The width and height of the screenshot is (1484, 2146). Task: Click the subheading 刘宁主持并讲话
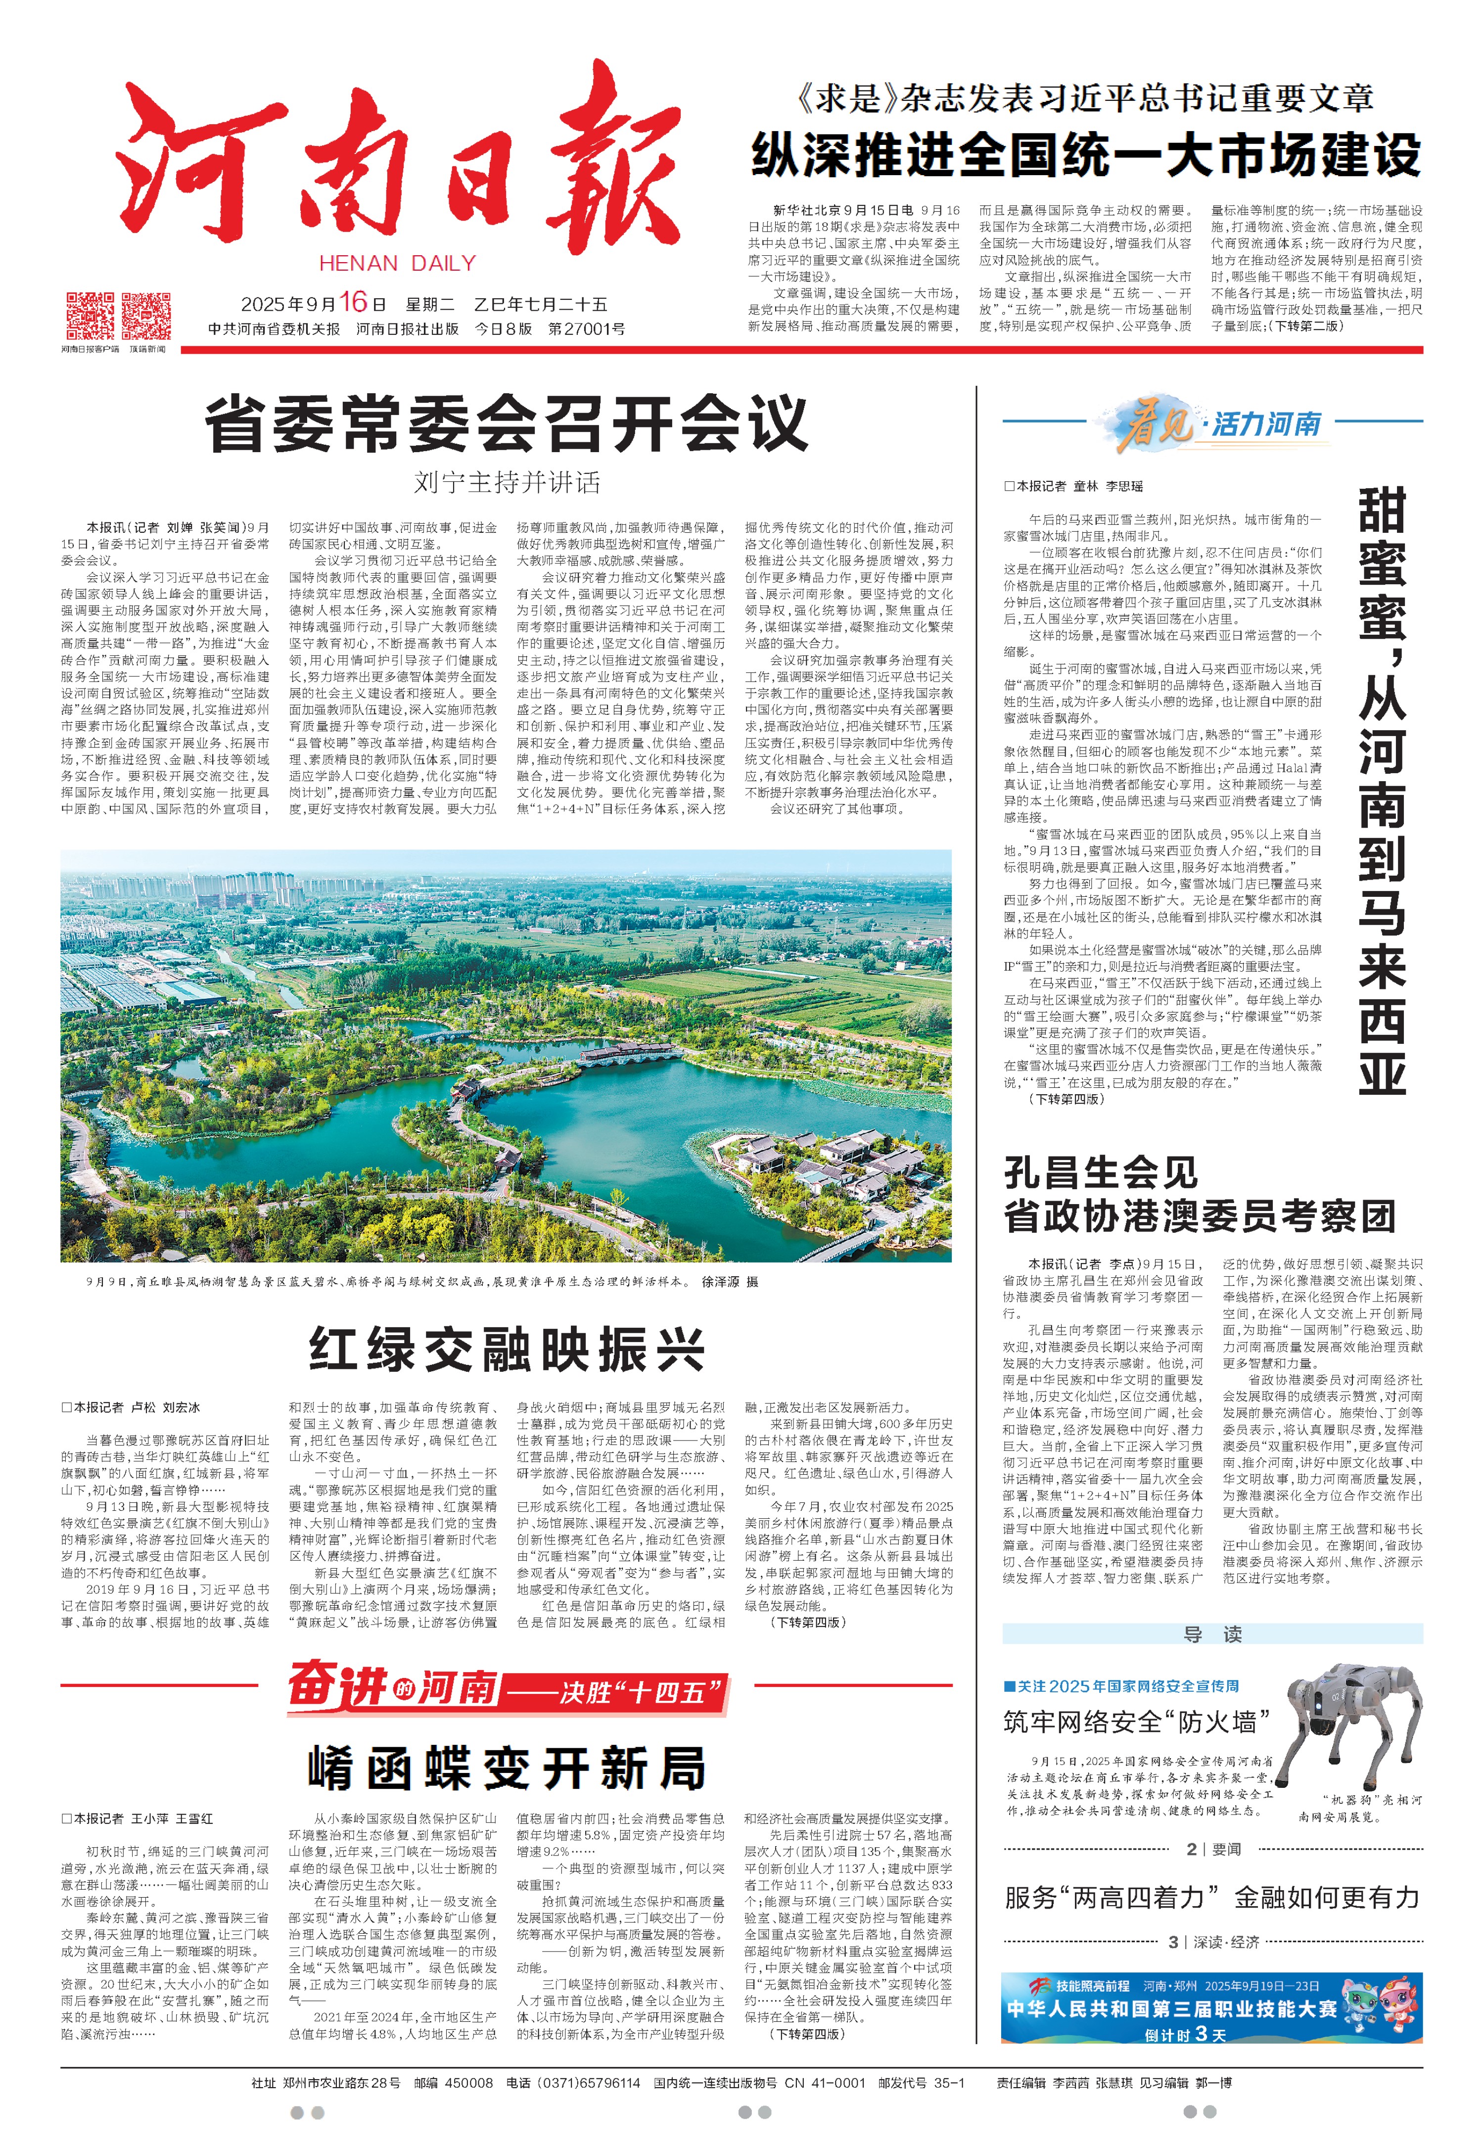coord(507,482)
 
